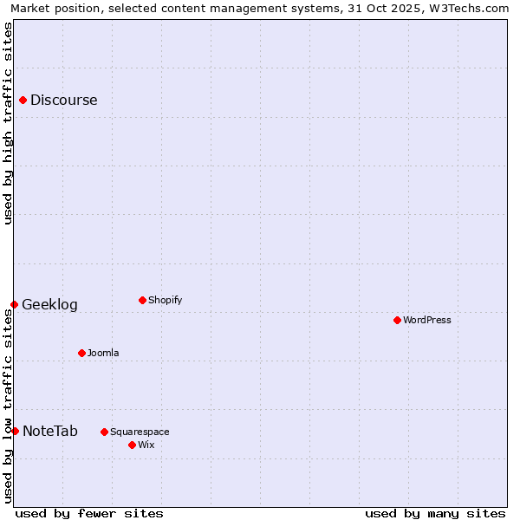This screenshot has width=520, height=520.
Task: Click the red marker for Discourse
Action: [x=23, y=100]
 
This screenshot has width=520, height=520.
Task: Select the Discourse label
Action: [x=63, y=100]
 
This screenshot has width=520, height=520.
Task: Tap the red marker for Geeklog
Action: [x=14, y=304]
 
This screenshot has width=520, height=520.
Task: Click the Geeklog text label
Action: [x=49, y=305]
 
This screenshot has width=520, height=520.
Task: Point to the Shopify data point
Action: [x=142, y=300]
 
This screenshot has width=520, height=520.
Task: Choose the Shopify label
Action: [x=165, y=300]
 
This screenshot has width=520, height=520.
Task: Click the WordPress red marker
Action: [x=397, y=320]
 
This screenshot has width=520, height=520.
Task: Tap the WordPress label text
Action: [x=427, y=320]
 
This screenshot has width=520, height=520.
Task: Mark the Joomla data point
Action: [x=81, y=353]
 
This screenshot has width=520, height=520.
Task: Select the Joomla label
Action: [x=103, y=353]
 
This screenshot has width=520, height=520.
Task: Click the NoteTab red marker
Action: [x=15, y=431]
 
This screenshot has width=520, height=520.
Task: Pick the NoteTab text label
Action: [x=49, y=432]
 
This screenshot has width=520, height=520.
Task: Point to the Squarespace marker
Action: [x=104, y=432]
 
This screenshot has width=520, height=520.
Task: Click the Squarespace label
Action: [x=140, y=432]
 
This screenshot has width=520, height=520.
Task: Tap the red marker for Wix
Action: [x=132, y=445]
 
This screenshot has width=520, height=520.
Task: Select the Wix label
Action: [x=146, y=445]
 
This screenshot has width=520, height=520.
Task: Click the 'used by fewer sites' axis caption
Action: [x=89, y=513]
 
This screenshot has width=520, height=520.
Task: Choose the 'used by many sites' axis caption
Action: [x=435, y=513]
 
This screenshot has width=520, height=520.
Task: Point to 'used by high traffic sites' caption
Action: [x=8, y=123]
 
